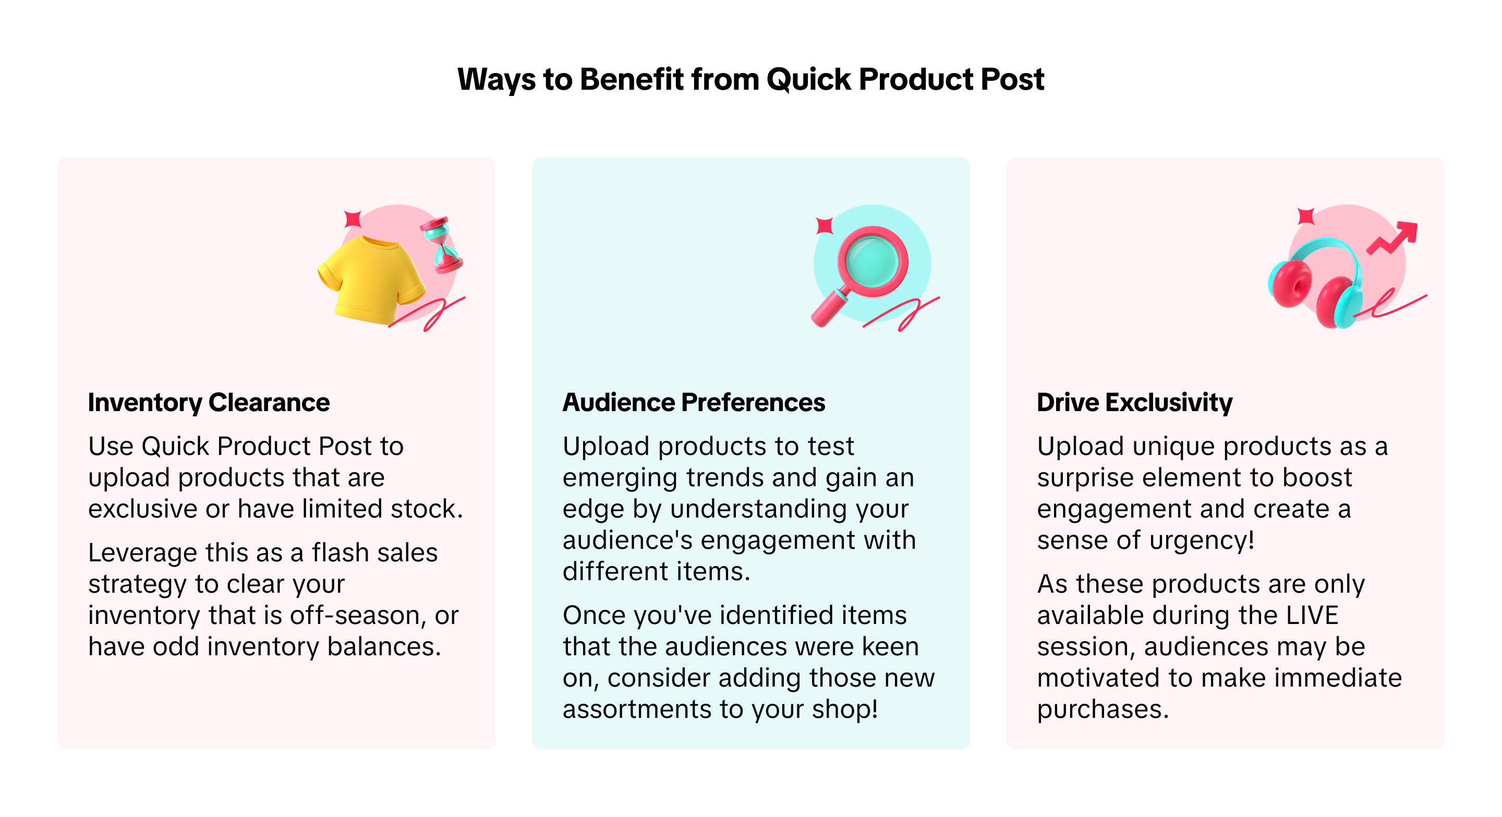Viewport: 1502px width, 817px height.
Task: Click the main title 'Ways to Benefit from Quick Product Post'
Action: pyautogui.click(x=750, y=79)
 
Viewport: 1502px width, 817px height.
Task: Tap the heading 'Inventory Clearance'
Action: pyautogui.click(x=209, y=402)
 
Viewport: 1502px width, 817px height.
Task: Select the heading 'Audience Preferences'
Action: pyautogui.click(x=694, y=402)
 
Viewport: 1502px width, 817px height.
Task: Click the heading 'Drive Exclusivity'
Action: pyautogui.click(x=1135, y=402)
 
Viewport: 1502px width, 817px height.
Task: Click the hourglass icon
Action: pyautogui.click(x=441, y=245)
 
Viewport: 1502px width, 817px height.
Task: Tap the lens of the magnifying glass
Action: pyautogui.click(x=873, y=261)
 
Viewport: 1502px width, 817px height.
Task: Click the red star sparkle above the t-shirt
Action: pyautogui.click(x=353, y=219)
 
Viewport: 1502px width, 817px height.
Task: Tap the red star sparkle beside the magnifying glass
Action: pyautogui.click(x=825, y=225)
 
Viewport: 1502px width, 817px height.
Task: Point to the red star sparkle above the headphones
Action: pyautogui.click(x=1306, y=216)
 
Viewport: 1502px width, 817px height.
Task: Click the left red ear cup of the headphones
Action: pyautogui.click(x=1290, y=284)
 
